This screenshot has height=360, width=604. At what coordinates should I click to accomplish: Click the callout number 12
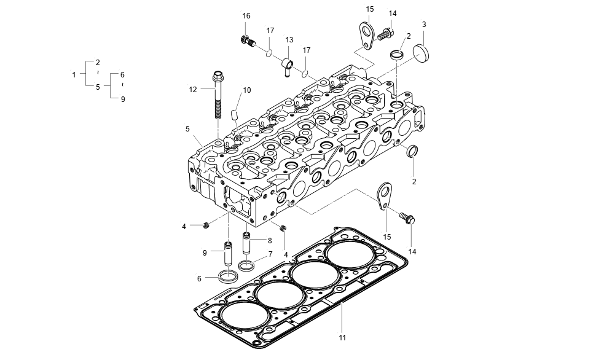coord(192,90)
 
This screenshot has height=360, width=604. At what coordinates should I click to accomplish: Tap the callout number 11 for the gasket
coord(342,337)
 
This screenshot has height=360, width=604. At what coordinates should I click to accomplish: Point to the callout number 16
coord(246,15)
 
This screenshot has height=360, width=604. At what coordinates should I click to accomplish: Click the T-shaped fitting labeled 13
coord(288,63)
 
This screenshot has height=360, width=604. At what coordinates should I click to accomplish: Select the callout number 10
coord(246,90)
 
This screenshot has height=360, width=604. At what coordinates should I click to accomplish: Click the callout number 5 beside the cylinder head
coord(187,130)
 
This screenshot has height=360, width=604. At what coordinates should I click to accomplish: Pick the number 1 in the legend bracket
coord(74,74)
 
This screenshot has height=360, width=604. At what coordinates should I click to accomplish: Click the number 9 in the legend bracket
coord(122,98)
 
